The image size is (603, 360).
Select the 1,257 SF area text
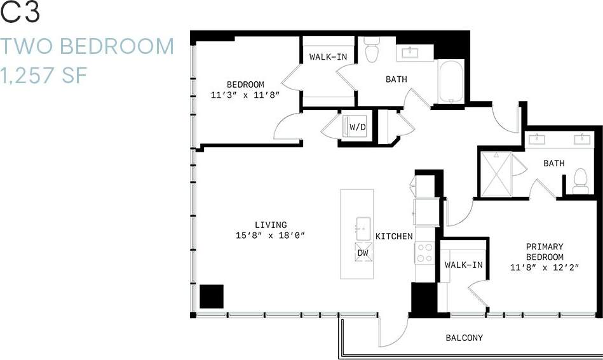click(x=43, y=77)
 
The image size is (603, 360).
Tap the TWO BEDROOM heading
click(x=87, y=46)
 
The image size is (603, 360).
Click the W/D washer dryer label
click(x=357, y=128)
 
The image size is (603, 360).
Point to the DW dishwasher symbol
click(x=363, y=252)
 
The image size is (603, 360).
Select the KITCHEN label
click(x=394, y=236)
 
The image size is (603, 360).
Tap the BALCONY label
click(x=464, y=338)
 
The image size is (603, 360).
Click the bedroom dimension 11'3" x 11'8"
click(x=245, y=95)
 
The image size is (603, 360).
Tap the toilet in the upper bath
click(x=372, y=51)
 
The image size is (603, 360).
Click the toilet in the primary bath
click(x=580, y=182)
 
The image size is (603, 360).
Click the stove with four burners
click(x=424, y=253)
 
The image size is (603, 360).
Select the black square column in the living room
click(x=212, y=297)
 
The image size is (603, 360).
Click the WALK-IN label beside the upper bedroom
click(x=328, y=57)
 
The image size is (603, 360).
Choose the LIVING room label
click(x=271, y=225)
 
